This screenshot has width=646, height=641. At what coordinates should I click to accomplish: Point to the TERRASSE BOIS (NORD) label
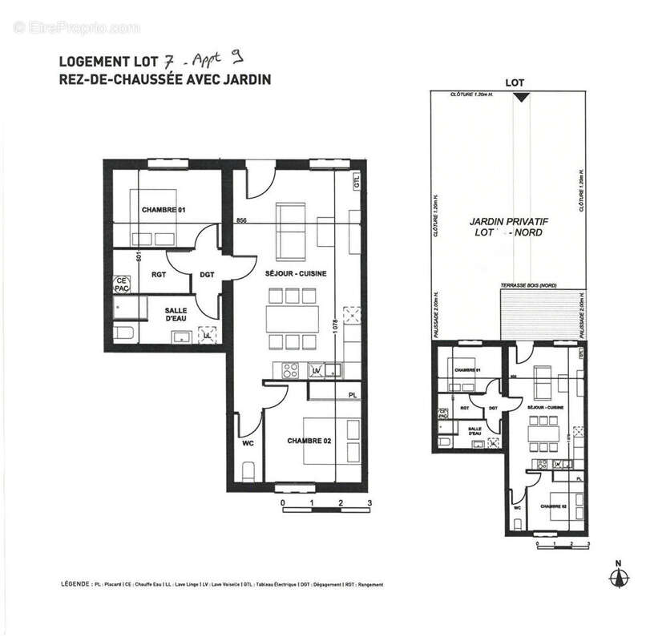point(528,286)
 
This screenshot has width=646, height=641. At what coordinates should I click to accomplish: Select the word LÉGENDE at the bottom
point(75,585)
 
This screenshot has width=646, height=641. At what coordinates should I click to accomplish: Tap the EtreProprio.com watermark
point(77,28)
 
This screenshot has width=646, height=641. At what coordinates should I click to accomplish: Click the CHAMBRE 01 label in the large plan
point(164,210)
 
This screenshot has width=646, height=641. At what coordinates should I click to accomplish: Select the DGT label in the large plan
point(207,275)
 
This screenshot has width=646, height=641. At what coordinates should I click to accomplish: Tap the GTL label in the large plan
point(357,182)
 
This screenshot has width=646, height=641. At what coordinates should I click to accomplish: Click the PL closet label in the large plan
point(353,395)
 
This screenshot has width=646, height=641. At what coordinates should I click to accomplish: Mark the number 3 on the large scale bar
point(369,503)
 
